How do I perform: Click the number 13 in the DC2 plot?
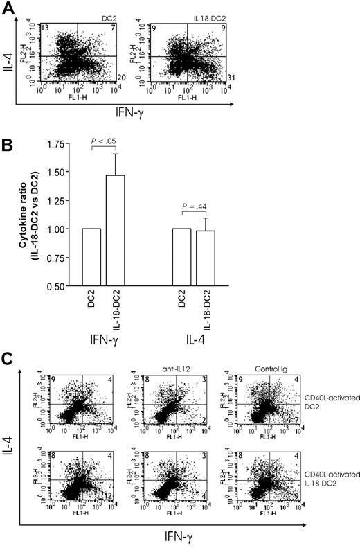[44, 26]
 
